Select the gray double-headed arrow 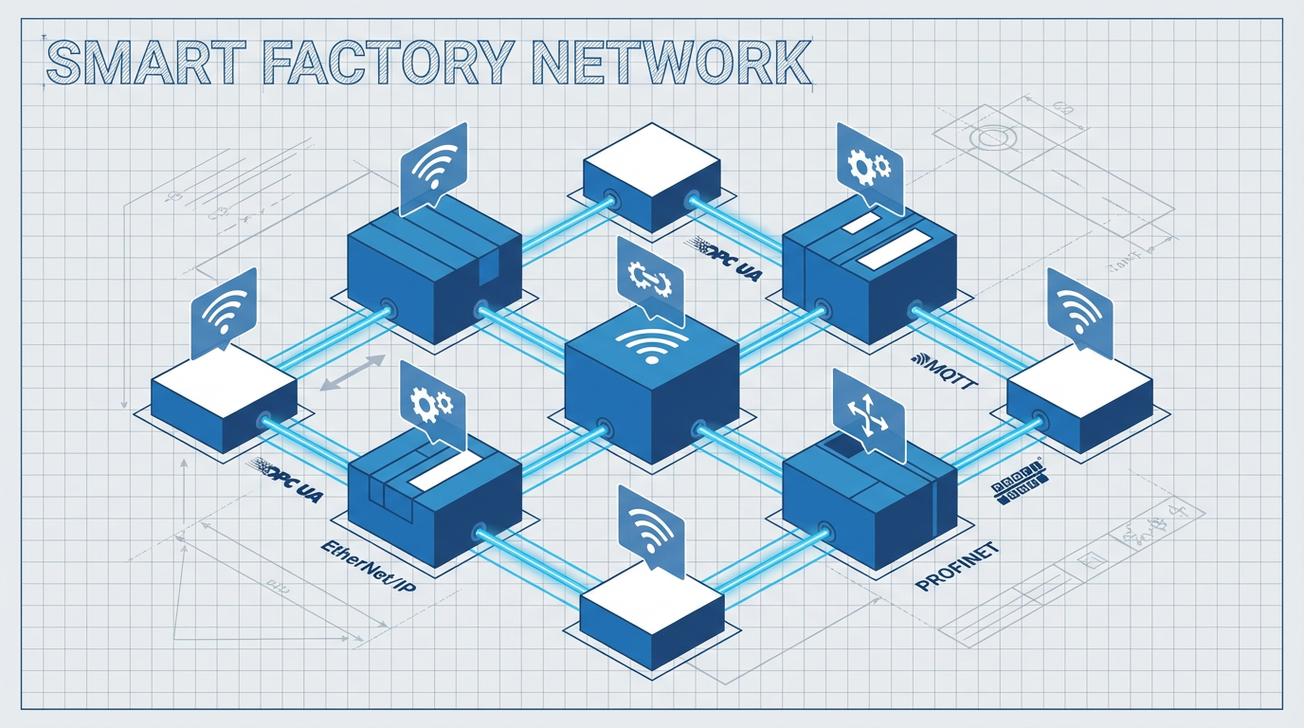click(x=353, y=373)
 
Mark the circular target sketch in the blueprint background click(x=990, y=137)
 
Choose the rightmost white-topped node click(x=1079, y=402)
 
